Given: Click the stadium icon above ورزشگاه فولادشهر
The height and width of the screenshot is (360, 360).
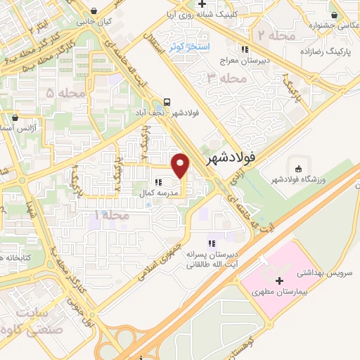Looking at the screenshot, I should pos(298,169).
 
